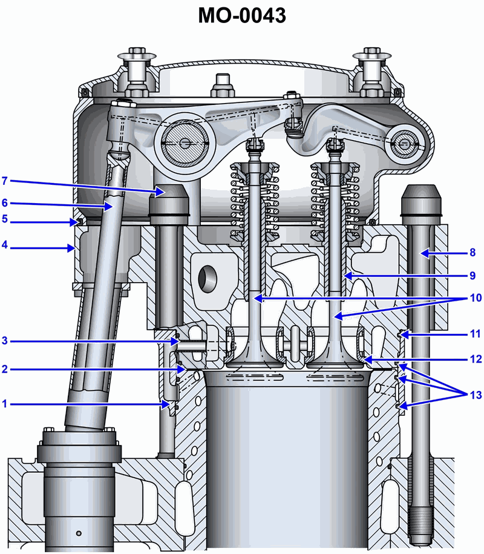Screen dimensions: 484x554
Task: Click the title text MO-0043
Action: (242, 16)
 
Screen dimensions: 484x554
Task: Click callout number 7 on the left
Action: (5, 181)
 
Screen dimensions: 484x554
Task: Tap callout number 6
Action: (5, 203)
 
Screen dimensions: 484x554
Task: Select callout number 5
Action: (5, 219)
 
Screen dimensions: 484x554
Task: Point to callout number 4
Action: (5, 244)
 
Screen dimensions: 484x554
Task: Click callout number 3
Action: (5, 341)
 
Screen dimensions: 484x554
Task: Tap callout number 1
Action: (5, 404)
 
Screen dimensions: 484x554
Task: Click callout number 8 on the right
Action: (473, 253)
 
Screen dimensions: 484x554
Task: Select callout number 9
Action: (473, 276)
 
